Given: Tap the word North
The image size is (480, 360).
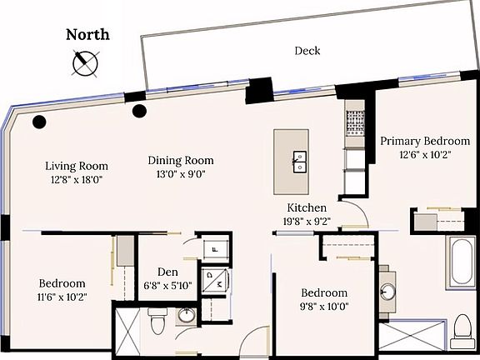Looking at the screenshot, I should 87,35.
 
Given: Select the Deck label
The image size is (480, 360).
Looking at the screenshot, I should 307,51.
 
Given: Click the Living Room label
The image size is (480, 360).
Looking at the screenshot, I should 77,166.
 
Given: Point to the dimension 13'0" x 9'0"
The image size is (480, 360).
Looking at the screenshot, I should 181,174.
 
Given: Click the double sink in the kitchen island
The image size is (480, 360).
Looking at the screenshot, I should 299,162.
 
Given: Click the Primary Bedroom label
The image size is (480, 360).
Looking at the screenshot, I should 425,141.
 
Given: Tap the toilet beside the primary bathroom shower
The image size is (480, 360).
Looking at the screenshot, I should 462,330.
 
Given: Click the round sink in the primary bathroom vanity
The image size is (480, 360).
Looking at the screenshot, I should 387,292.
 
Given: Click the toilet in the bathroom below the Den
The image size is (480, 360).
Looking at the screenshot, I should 157,319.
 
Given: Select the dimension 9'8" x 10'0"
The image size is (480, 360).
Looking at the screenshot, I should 323,307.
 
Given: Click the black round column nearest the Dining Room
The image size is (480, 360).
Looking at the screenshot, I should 140,111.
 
